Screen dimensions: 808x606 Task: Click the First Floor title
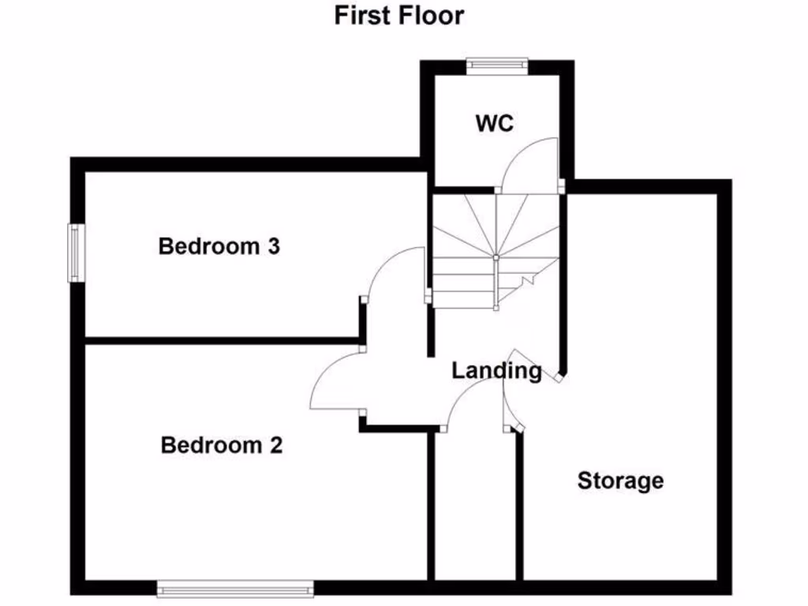pyautogui.click(x=399, y=16)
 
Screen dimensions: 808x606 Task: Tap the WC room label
pyautogui.click(x=495, y=124)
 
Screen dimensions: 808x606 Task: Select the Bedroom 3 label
pyautogui.click(x=219, y=246)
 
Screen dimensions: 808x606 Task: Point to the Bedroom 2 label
pyautogui.click(x=222, y=445)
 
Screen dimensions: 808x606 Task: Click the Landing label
pyautogui.click(x=497, y=371)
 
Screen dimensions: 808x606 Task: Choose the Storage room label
pyautogui.click(x=620, y=481)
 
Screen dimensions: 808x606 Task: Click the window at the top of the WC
pyautogui.click(x=497, y=65)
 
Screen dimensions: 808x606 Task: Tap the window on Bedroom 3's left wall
pyautogui.click(x=77, y=253)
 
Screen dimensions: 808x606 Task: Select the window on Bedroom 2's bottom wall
pyautogui.click(x=235, y=589)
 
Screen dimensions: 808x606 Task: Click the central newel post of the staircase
pyautogui.click(x=496, y=257)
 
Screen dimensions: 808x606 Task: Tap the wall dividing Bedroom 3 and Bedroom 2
pyautogui.click(x=222, y=341)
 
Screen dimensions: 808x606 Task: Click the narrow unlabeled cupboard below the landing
pyautogui.click(x=476, y=507)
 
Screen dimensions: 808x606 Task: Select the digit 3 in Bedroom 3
pyautogui.click(x=274, y=246)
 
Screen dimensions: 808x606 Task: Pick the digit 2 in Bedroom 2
pyautogui.click(x=276, y=445)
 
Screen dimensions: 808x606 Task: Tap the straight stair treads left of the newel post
pyautogui.click(x=464, y=283)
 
